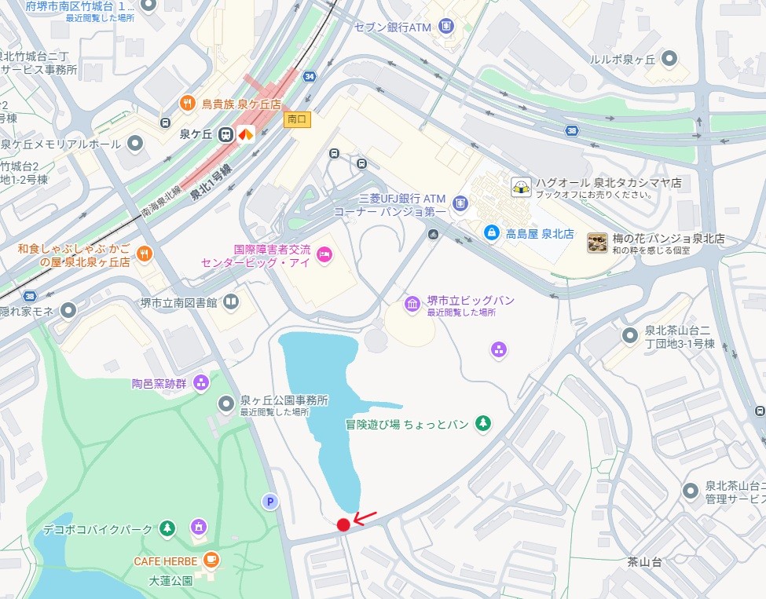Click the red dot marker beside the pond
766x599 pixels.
pos(343,525)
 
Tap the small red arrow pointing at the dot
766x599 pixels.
pos(365,517)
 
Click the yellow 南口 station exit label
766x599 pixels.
pos(298,119)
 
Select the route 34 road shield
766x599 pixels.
pos(310,76)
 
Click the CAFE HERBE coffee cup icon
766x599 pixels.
pos(211,560)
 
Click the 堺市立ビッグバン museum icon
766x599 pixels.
pos(412,303)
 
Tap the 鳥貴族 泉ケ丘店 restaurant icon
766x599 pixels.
pos(188,102)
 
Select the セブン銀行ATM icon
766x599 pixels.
pos(446,26)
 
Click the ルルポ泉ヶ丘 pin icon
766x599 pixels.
pos(669,58)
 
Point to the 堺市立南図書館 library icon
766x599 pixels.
pos(230,301)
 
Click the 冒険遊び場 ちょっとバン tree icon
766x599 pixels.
pos(483,424)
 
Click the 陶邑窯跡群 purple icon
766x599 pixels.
pos(201,383)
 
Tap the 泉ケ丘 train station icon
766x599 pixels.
pos(225,134)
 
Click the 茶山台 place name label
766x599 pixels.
pos(644,562)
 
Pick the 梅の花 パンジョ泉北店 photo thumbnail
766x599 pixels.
pos(597,243)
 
